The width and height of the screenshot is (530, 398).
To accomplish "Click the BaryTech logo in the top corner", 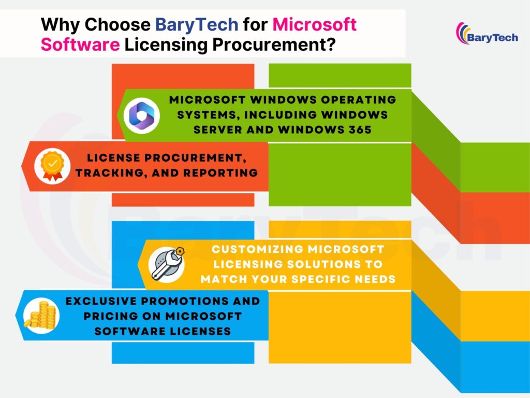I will [487, 34].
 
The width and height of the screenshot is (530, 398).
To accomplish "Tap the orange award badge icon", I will [52, 166].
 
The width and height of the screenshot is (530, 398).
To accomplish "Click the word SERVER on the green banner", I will [220, 130].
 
